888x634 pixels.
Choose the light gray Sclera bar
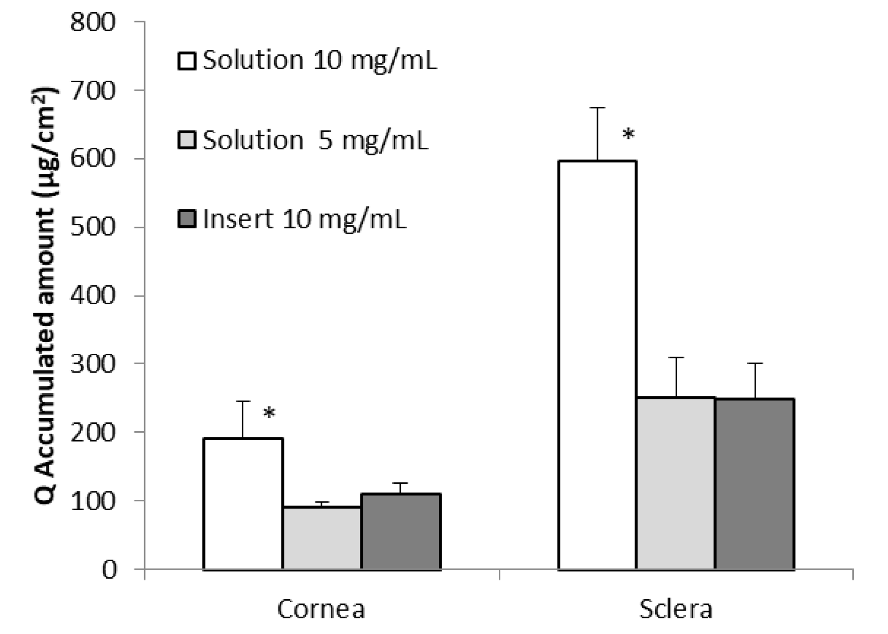point(676,483)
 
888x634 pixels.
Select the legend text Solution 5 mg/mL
point(315,140)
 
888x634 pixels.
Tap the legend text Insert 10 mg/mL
point(304,219)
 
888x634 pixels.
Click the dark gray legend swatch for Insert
point(187,219)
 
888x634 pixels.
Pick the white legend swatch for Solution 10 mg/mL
point(187,61)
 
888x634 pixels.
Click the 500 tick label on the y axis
point(92,227)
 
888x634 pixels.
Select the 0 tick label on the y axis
point(109,570)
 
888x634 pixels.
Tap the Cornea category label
point(321,610)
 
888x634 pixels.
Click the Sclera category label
point(676,610)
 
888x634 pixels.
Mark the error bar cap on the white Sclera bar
point(597,108)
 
